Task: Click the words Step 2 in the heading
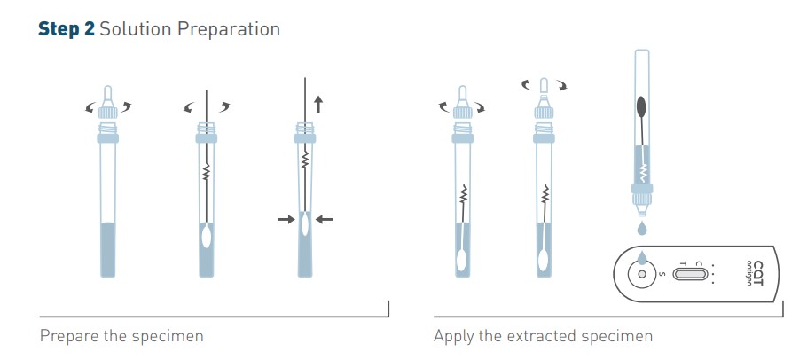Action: pyautogui.click(x=67, y=29)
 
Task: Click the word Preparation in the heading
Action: pyautogui.click(x=229, y=30)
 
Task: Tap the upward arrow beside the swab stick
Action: pyautogui.click(x=318, y=104)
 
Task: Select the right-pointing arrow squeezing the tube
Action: pyautogui.click(x=286, y=220)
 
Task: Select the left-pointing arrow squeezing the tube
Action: pyautogui.click(x=324, y=220)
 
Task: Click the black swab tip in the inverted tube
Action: pyautogui.click(x=642, y=106)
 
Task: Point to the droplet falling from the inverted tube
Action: pyautogui.click(x=641, y=228)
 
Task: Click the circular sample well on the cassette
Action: pyautogui.click(x=641, y=274)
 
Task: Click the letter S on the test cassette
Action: pyautogui.click(x=662, y=274)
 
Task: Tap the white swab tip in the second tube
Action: pyautogui.click(x=207, y=238)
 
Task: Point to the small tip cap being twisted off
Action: pyautogui.click(x=544, y=86)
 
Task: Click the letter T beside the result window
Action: pyautogui.click(x=683, y=263)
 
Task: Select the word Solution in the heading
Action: pyautogui.click(x=136, y=29)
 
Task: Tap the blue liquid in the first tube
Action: pyautogui.click(x=107, y=250)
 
